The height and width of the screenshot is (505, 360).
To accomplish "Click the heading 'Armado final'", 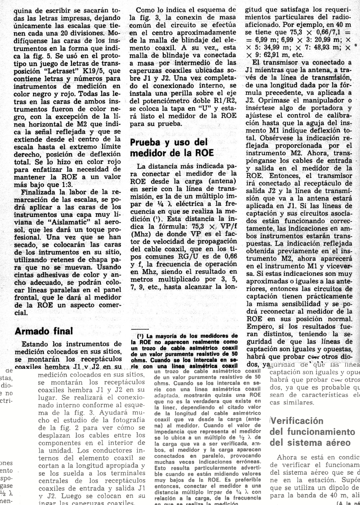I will click(x=44, y=331).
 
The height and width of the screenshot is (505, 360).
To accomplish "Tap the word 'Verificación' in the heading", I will click(x=297, y=421).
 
